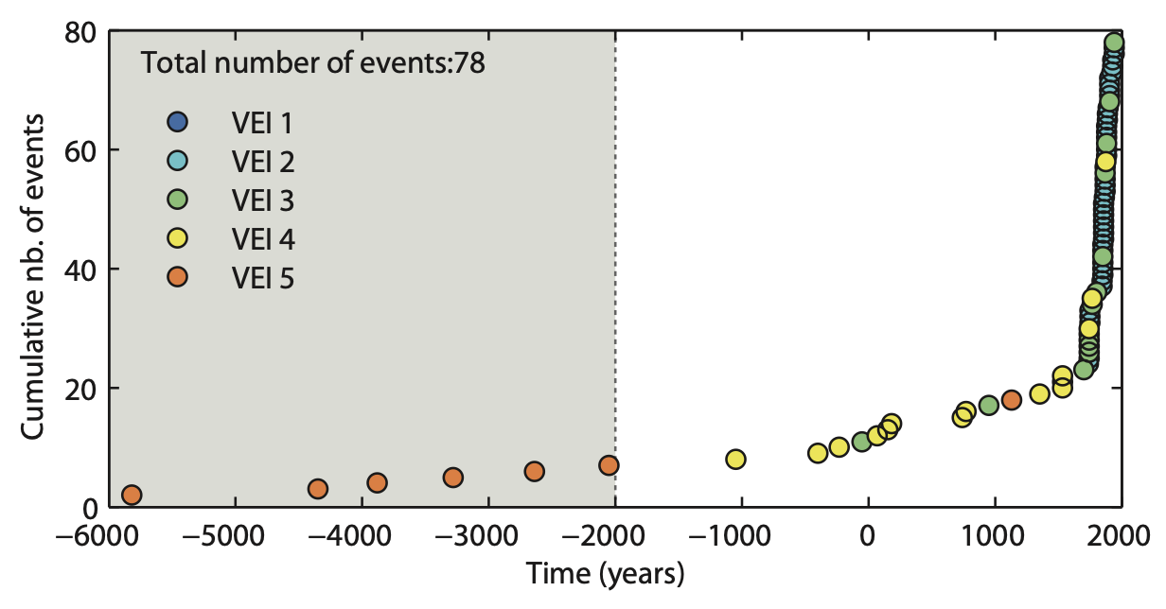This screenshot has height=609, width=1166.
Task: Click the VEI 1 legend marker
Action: tap(177, 122)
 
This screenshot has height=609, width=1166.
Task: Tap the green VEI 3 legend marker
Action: tap(177, 200)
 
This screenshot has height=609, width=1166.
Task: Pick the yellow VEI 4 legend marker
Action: tap(177, 238)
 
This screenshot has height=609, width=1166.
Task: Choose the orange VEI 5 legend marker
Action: tap(177, 277)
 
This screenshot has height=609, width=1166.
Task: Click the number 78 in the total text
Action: tap(470, 64)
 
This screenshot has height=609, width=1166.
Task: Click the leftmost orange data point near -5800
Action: tap(132, 495)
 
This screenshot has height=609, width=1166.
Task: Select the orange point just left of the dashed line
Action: tap(609, 465)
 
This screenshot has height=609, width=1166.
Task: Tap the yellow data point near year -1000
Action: tap(735, 460)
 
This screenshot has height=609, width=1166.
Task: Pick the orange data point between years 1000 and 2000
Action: tap(1011, 400)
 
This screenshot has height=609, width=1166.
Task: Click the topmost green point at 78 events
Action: tap(1114, 43)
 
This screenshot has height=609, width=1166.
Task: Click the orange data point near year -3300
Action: tap(453, 478)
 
